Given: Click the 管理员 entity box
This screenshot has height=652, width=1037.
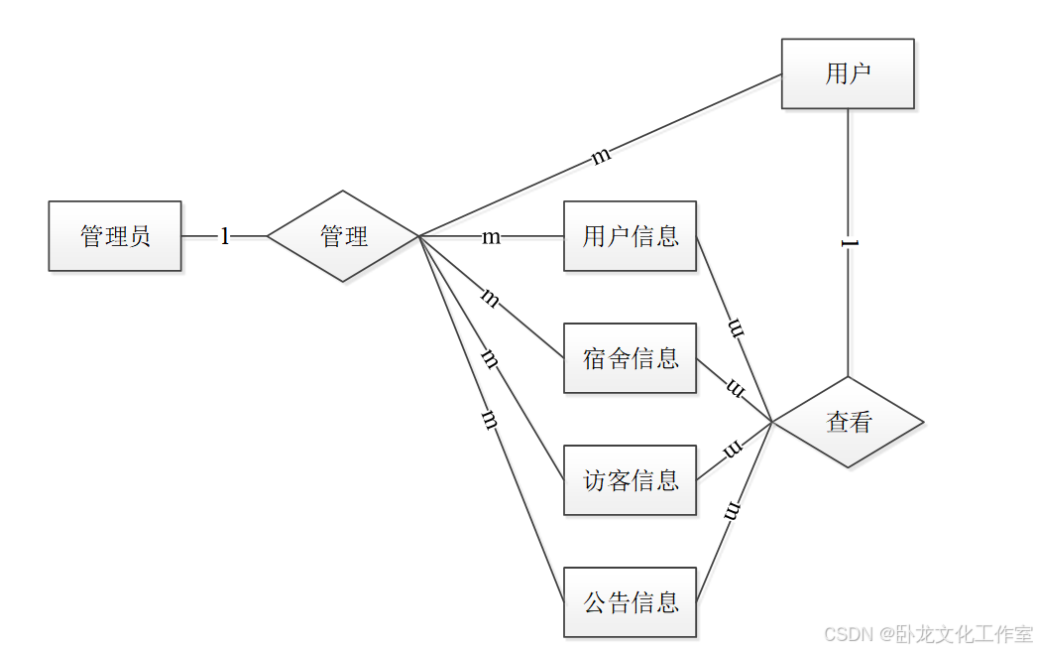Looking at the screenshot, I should (115, 236).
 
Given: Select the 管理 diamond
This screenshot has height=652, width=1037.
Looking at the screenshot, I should (343, 236).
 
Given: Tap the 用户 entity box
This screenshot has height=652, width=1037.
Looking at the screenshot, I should (848, 73).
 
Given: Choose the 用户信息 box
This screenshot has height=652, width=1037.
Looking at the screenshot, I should (630, 236).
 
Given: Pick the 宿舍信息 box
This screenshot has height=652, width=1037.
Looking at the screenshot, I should (630, 357).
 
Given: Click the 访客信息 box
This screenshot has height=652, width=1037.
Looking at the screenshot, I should (630, 480).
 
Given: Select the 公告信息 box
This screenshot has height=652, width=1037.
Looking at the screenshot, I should (630, 601).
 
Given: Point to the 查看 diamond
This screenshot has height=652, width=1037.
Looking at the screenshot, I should (849, 422).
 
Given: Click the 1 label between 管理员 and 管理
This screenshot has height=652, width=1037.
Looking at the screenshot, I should (225, 236).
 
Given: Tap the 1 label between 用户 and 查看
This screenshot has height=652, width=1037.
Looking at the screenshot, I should (848, 244).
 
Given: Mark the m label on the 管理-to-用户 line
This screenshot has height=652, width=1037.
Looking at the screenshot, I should (601, 156).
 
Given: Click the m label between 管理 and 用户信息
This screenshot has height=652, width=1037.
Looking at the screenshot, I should (491, 237).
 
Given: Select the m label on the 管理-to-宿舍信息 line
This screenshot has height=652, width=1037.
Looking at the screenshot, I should (490, 297).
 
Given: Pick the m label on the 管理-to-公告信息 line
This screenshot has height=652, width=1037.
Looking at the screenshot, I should (488, 419).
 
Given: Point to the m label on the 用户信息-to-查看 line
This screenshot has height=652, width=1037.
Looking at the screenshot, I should (736, 326).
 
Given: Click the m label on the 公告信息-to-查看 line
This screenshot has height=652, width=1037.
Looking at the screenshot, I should (733, 512).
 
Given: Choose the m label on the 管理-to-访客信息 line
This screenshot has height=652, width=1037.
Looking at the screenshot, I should (490, 358).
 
